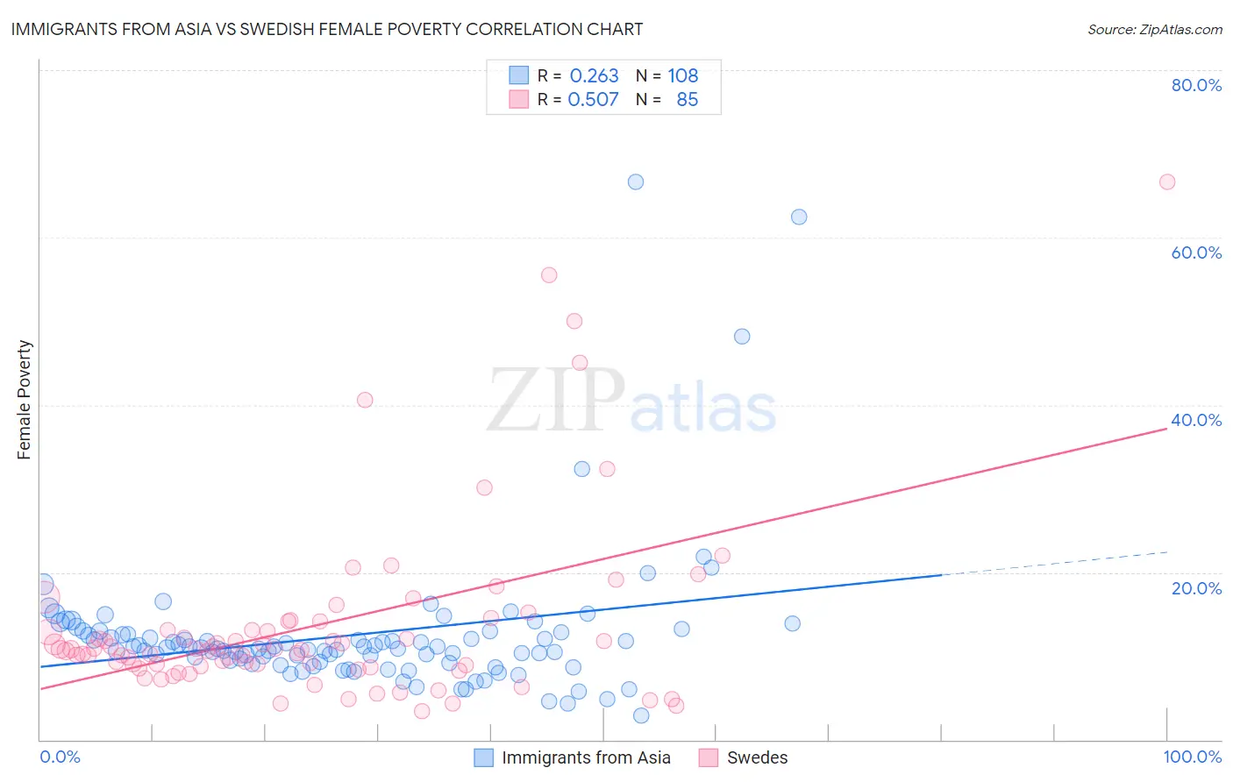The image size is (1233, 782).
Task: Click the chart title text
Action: (x=326, y=29)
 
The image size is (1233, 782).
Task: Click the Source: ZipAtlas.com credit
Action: (x=1154, y=30)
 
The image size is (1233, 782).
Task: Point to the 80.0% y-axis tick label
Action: (x=1196, y=85)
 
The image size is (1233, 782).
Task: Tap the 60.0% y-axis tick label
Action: (x=1196, y=252)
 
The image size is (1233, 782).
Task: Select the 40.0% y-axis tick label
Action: (x=1196, y=420)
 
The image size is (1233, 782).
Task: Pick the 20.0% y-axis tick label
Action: (x=1196, y=587)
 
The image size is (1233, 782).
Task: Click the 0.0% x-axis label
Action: (x=60, y=757)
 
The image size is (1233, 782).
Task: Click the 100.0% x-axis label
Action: (x=1192, y=757)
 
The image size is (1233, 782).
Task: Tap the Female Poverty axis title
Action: (x=25, y=400)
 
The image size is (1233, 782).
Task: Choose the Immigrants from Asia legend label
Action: (x=586, y=757)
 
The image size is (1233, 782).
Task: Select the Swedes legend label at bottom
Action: (x=757, y=757)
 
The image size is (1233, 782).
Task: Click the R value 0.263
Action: (x=594, y=76)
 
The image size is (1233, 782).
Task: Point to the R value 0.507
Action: (x=594, y=100)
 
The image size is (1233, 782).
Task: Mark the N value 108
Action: (x=683, y=76)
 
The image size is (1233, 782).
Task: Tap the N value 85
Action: (x=688, y=100)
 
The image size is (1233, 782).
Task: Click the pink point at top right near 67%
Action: (x=1166, y=182)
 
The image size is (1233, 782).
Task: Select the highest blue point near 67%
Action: (x=636, y=182)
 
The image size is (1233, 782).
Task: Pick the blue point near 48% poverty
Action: (x=742, y=337)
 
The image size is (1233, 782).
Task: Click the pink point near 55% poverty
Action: (x=549, y=275)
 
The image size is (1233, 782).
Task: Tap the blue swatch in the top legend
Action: (x=519, y=75)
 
